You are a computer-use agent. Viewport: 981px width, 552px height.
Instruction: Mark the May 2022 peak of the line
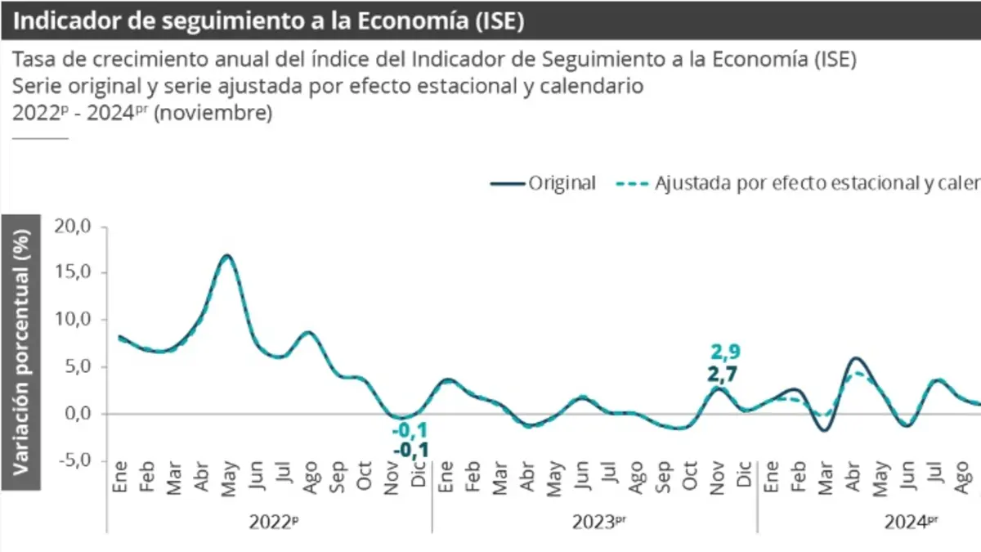[x=227, y=256]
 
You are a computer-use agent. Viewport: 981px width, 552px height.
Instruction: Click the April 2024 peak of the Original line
[x=855, y=358]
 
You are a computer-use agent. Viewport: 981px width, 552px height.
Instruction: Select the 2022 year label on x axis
[x=269, y=520]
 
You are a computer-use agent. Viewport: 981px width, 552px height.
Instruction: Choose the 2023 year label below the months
[x=594, y=520]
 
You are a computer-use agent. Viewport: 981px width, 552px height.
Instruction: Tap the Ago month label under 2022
[x=310, y=478]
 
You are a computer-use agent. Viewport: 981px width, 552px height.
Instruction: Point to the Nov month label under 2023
[x=717, y=478]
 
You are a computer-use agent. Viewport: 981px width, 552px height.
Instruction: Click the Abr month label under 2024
[x=853, y=478]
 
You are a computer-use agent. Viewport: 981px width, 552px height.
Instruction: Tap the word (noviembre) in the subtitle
[x=213, y=114]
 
